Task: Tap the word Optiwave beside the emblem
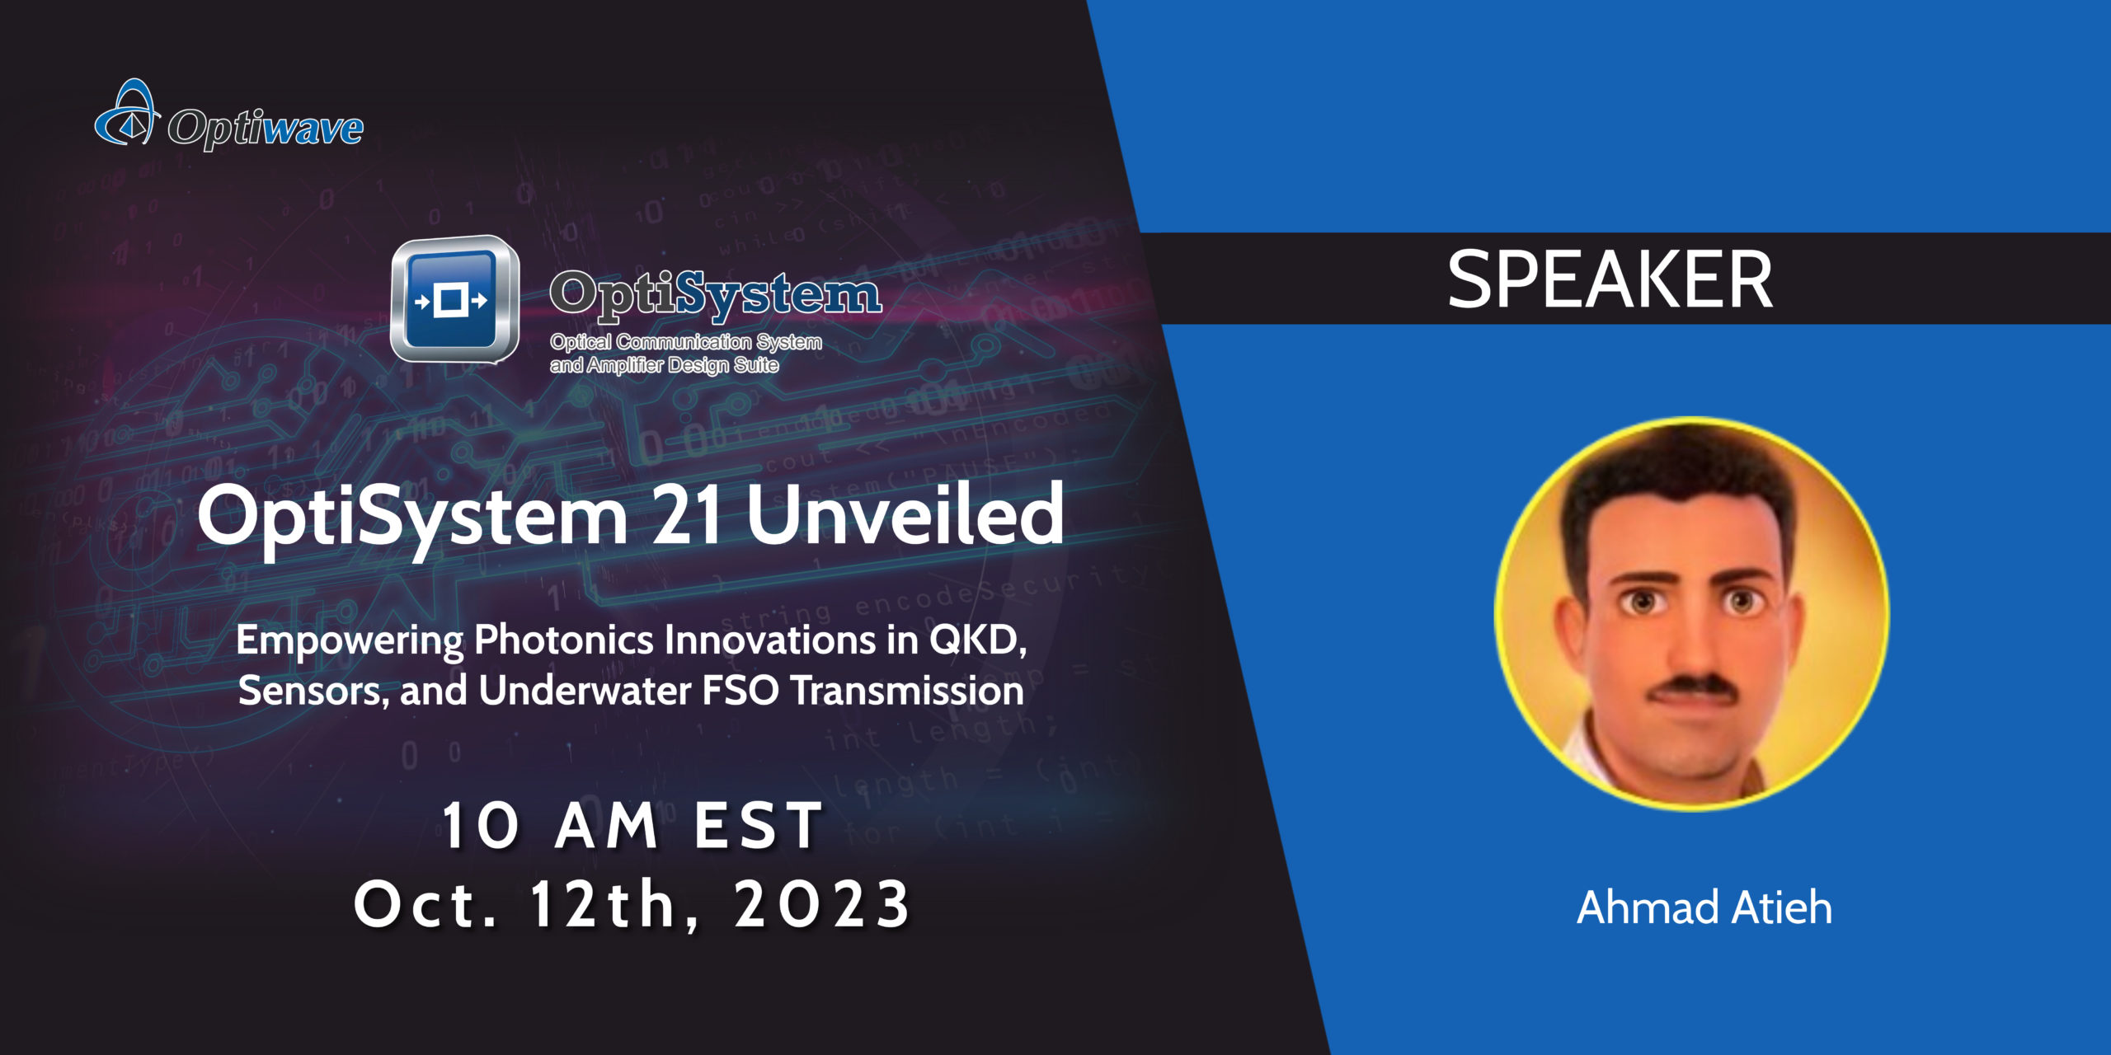(265, 129)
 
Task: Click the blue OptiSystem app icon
(453, 300)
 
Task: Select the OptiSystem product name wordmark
(715, 295)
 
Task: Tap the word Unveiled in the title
(905, 515)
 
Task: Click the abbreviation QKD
(978, 640)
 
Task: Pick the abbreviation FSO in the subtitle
(740, 691)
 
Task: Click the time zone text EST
(758, 826)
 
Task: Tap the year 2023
(821, 905)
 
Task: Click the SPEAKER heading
(1610, 280)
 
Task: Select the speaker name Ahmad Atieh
(1704, 907)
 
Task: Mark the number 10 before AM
(482, 826)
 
